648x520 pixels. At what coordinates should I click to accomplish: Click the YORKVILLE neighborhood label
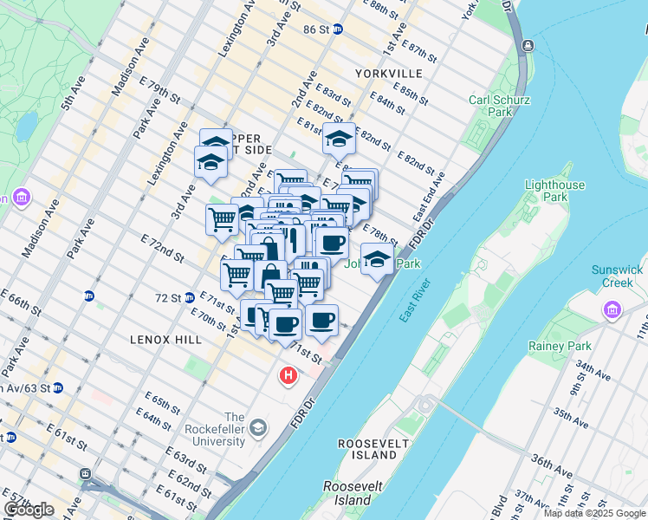pyautogui.click(x=387, y=74)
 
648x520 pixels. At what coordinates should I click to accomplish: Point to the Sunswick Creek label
pyautogui.click(x=618, y=276)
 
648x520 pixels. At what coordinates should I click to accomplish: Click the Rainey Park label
pyautogui.click(x=560, y=346)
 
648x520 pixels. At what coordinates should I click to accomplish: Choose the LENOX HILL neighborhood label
pyautogui.click(x=155, y=339)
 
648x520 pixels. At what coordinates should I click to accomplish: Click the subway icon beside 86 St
pyautogui.click(x=338, y=29)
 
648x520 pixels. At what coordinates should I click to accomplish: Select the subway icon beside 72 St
pyautogui.click(x=188, y=297)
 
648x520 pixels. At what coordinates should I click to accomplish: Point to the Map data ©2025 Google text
pyautogui.click(x=595, y=513)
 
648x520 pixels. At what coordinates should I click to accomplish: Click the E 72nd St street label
pyautogui.click(x=162, y=247)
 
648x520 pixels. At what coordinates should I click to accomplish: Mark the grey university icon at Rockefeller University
pyautogui.click(x=258, y=428)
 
